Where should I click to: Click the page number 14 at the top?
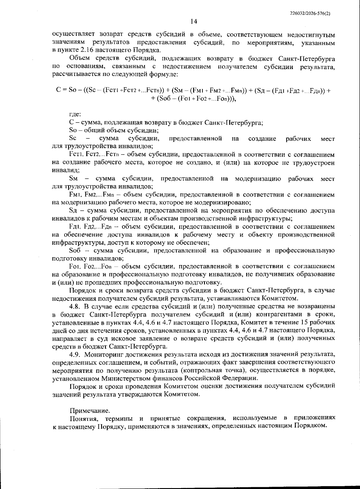click(193, 22)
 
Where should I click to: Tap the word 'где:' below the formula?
click(75, 114)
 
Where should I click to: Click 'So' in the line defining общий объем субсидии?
click(73, 131)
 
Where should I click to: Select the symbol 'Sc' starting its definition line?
click(73, 138)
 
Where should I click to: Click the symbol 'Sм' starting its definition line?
click(73, 179)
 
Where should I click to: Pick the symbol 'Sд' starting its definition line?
click(73, 211)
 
